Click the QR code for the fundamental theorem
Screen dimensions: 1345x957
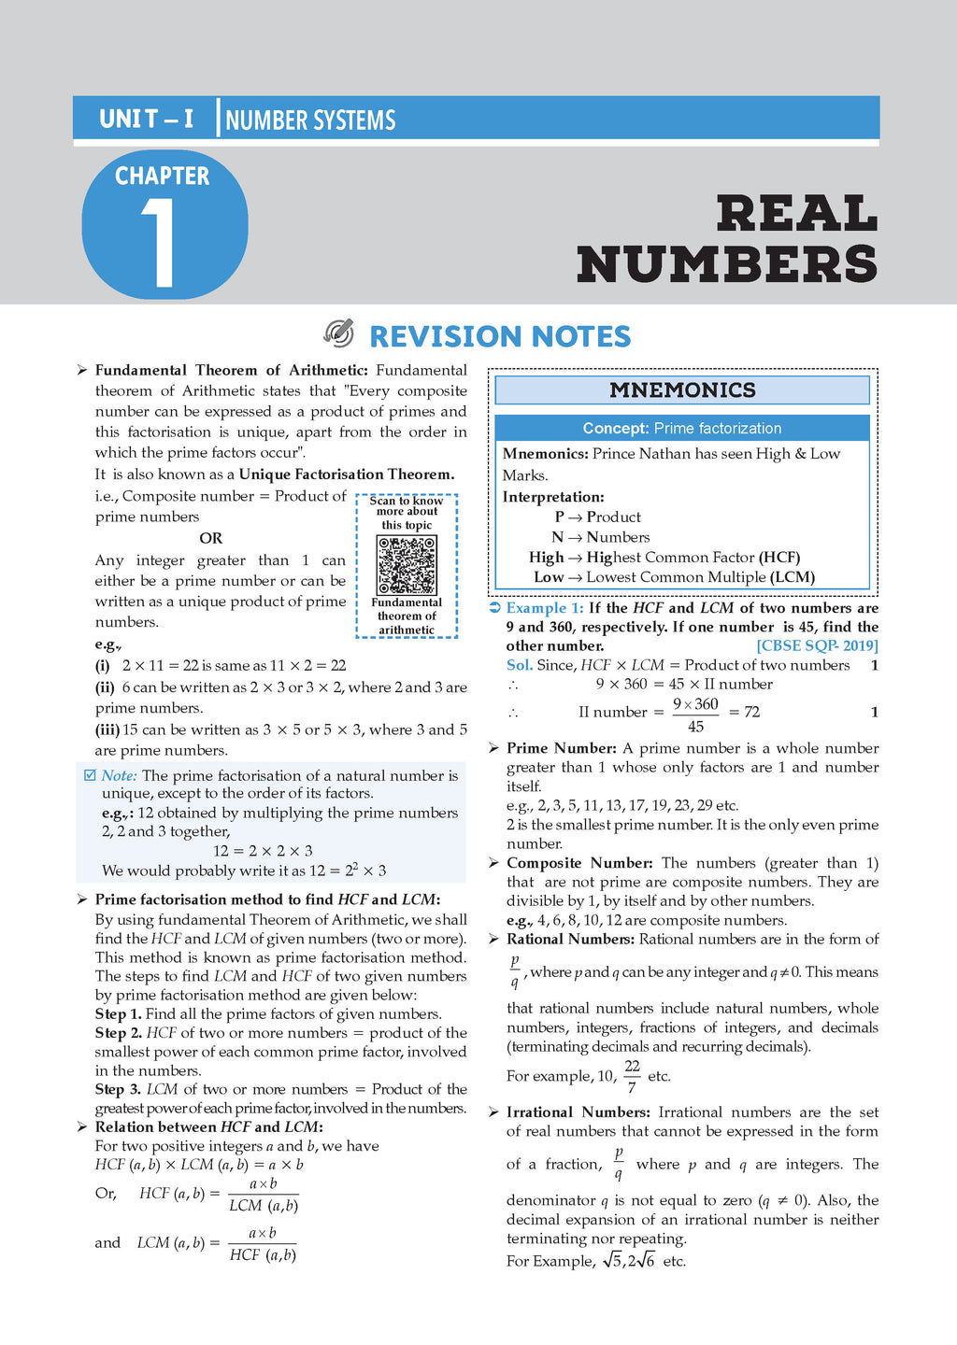407,565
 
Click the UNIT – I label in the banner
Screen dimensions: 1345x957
146,120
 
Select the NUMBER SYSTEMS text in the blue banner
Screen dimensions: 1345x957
310,120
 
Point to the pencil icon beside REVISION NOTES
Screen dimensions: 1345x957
338,333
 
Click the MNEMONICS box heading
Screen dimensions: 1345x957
682,390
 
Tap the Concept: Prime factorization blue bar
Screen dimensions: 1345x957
682,429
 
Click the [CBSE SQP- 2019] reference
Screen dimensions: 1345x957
817,646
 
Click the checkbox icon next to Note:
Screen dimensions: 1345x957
90,775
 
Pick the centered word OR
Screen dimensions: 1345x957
210,538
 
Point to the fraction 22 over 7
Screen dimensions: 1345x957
633,1076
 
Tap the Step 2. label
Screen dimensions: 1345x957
118,1033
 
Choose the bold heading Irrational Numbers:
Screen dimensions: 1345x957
578,1112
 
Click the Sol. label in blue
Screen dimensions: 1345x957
519,665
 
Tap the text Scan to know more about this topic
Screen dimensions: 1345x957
407,513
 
